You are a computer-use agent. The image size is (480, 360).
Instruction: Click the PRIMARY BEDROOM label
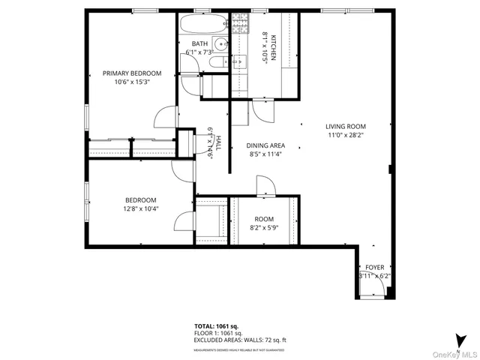132,73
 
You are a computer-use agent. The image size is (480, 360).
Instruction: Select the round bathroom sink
220,44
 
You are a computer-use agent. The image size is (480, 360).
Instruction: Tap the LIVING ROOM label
345,127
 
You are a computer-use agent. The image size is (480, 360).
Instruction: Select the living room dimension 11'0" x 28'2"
345,136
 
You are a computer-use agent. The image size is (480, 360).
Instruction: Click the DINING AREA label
266,146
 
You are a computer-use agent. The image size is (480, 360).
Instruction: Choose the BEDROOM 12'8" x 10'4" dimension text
140,209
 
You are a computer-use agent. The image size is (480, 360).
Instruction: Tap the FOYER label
374,268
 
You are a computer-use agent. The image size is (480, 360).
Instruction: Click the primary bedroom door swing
165,118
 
